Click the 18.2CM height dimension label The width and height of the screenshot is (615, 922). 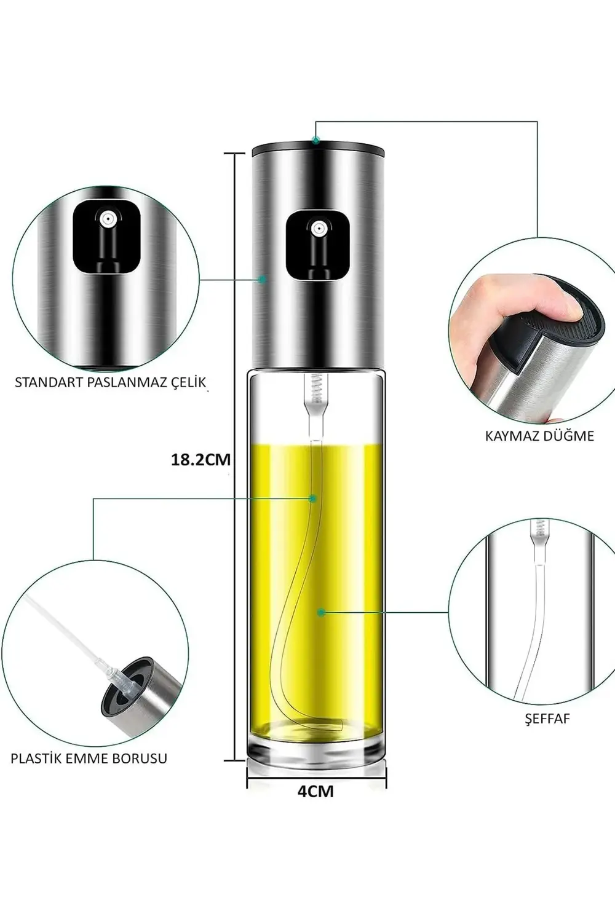click(200, 460)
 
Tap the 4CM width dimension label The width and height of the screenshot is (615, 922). click(315, 791)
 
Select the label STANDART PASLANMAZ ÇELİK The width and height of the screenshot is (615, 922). click(111, 382)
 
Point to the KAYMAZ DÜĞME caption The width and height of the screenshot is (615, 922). click(539, 436)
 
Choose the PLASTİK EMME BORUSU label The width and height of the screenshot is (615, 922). click(89, 758)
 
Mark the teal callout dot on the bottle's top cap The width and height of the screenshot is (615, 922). click(316, 140)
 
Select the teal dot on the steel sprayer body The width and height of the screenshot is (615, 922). click(263, 279)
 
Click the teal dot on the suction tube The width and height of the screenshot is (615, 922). click(312, 498)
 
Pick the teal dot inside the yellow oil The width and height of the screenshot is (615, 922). click(321, 612)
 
